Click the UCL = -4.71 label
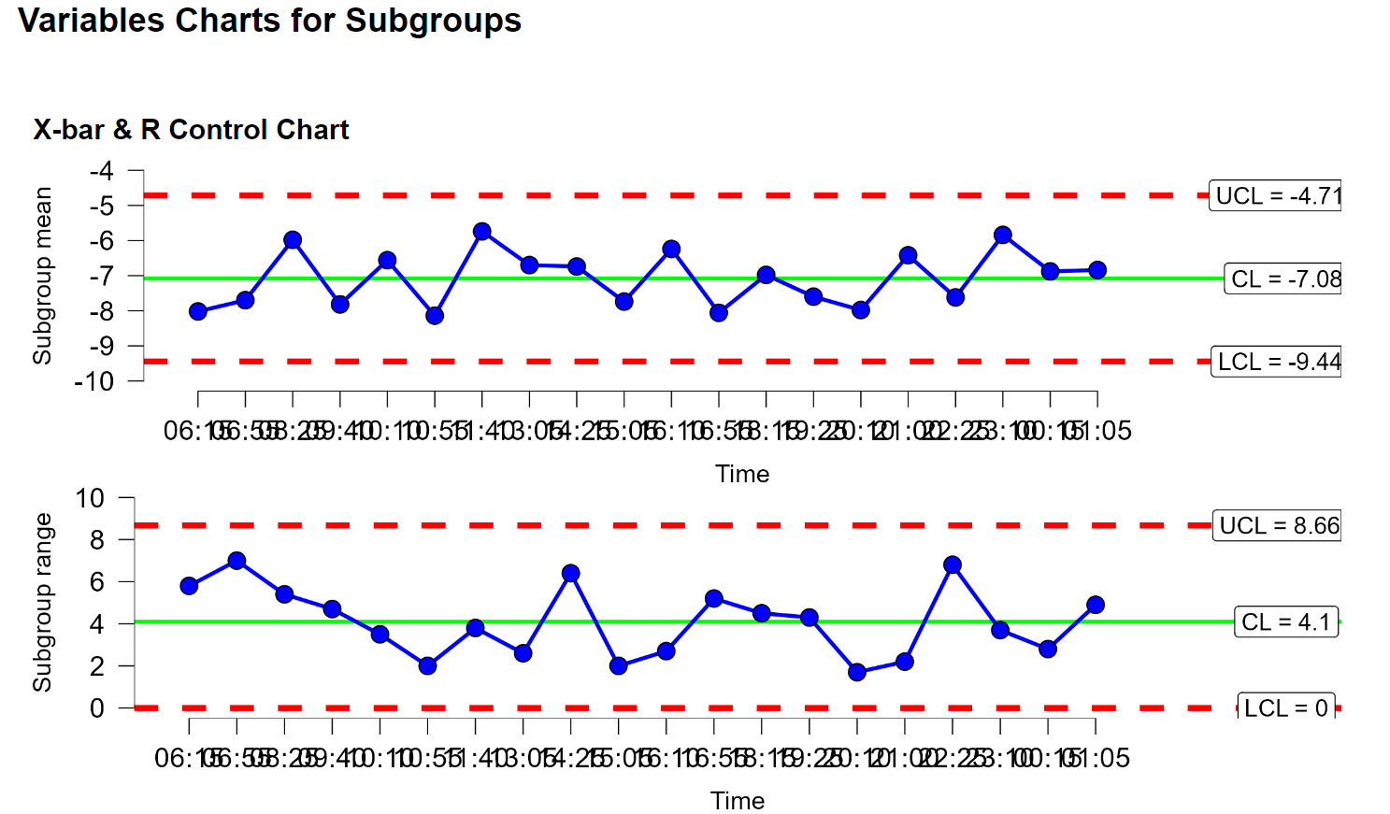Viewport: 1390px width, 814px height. point(1277,196)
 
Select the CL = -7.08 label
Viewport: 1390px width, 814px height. point(1284,279)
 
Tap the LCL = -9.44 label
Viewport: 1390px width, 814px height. point(1278,362)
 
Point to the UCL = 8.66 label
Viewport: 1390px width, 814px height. point(1278,526)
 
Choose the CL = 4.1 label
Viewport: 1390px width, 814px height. point(1285,622)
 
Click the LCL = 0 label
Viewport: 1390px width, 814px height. point(1285,707)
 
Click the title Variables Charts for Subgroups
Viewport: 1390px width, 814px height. point(269,21)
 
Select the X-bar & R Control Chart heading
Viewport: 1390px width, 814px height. point(191,130)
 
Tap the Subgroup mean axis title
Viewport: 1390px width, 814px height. point(42,276)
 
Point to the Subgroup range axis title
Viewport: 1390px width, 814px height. point(42,603)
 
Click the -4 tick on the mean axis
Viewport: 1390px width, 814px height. point(102,171)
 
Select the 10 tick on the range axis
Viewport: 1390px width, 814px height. point(91,498)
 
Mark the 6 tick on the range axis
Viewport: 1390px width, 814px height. point(97,581)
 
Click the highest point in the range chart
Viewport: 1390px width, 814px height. point(236,561)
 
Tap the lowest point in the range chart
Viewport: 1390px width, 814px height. point(857,672)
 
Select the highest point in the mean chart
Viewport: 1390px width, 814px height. point(481,232)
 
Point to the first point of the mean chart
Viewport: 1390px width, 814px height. point(198,311)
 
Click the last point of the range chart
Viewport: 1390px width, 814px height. point(1096,605)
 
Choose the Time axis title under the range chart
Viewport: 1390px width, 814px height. point(738,801)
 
